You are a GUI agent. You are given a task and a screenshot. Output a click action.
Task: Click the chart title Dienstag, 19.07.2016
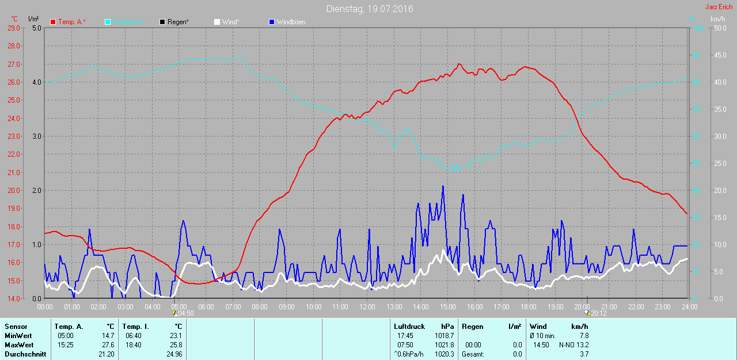click(x=369, y=9)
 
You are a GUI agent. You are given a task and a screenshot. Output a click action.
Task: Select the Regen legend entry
click(x=177, y=22)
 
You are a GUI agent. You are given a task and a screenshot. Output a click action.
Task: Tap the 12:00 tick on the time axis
click(x=367, y=307)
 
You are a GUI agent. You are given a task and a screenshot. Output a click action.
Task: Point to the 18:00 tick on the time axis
click(x=528, y=307)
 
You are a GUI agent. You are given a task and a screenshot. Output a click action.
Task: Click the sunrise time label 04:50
click(x=185, y=313)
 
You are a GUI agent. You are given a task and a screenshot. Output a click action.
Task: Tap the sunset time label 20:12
click(x=598, y=313)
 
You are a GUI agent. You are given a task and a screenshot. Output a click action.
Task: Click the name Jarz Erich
click(x=719, y=7)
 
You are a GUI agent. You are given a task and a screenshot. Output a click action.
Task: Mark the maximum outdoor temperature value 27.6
click(x=109, y=345)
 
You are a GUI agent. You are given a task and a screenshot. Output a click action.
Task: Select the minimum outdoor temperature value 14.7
click(x=109, y=336)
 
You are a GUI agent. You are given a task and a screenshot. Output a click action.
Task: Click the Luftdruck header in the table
click(x=409, y=327)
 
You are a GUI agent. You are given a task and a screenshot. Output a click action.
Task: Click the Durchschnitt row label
click(x=25, y=354)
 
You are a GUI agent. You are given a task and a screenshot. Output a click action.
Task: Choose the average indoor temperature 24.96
click(x=173, y=354)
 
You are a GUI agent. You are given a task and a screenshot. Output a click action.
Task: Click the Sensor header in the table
click(x=16, y=327)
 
